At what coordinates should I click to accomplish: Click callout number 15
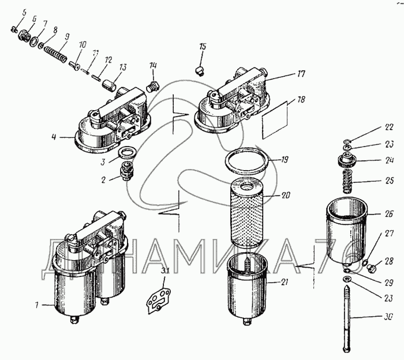203,46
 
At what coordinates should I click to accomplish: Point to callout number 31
165,272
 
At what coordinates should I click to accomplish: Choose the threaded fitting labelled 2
125,171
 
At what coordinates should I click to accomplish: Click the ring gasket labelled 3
127,154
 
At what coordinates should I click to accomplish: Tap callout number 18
301,100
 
